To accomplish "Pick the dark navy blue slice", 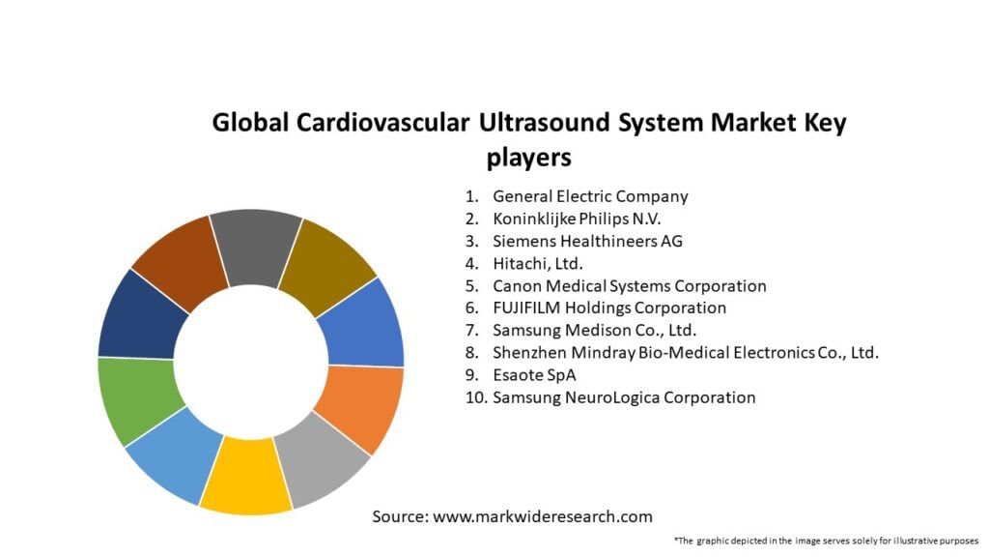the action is pos(142,317).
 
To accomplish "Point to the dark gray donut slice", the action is pos(256,248).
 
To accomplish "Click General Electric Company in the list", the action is pos(590,196).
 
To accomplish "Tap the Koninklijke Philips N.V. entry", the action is pos(577,219).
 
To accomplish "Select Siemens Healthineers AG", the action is pos(587,241).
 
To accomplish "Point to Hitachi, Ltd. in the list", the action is pos(537,263).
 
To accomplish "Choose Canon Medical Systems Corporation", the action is pos(630,286).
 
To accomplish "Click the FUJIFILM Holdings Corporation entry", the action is pos(609,308).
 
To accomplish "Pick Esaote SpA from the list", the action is pos(534,375).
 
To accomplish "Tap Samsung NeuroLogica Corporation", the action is pos(624,397).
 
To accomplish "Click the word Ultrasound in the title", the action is pos(544,122).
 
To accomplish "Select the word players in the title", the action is pos(528,158).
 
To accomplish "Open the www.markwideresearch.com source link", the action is pos(543,516).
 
